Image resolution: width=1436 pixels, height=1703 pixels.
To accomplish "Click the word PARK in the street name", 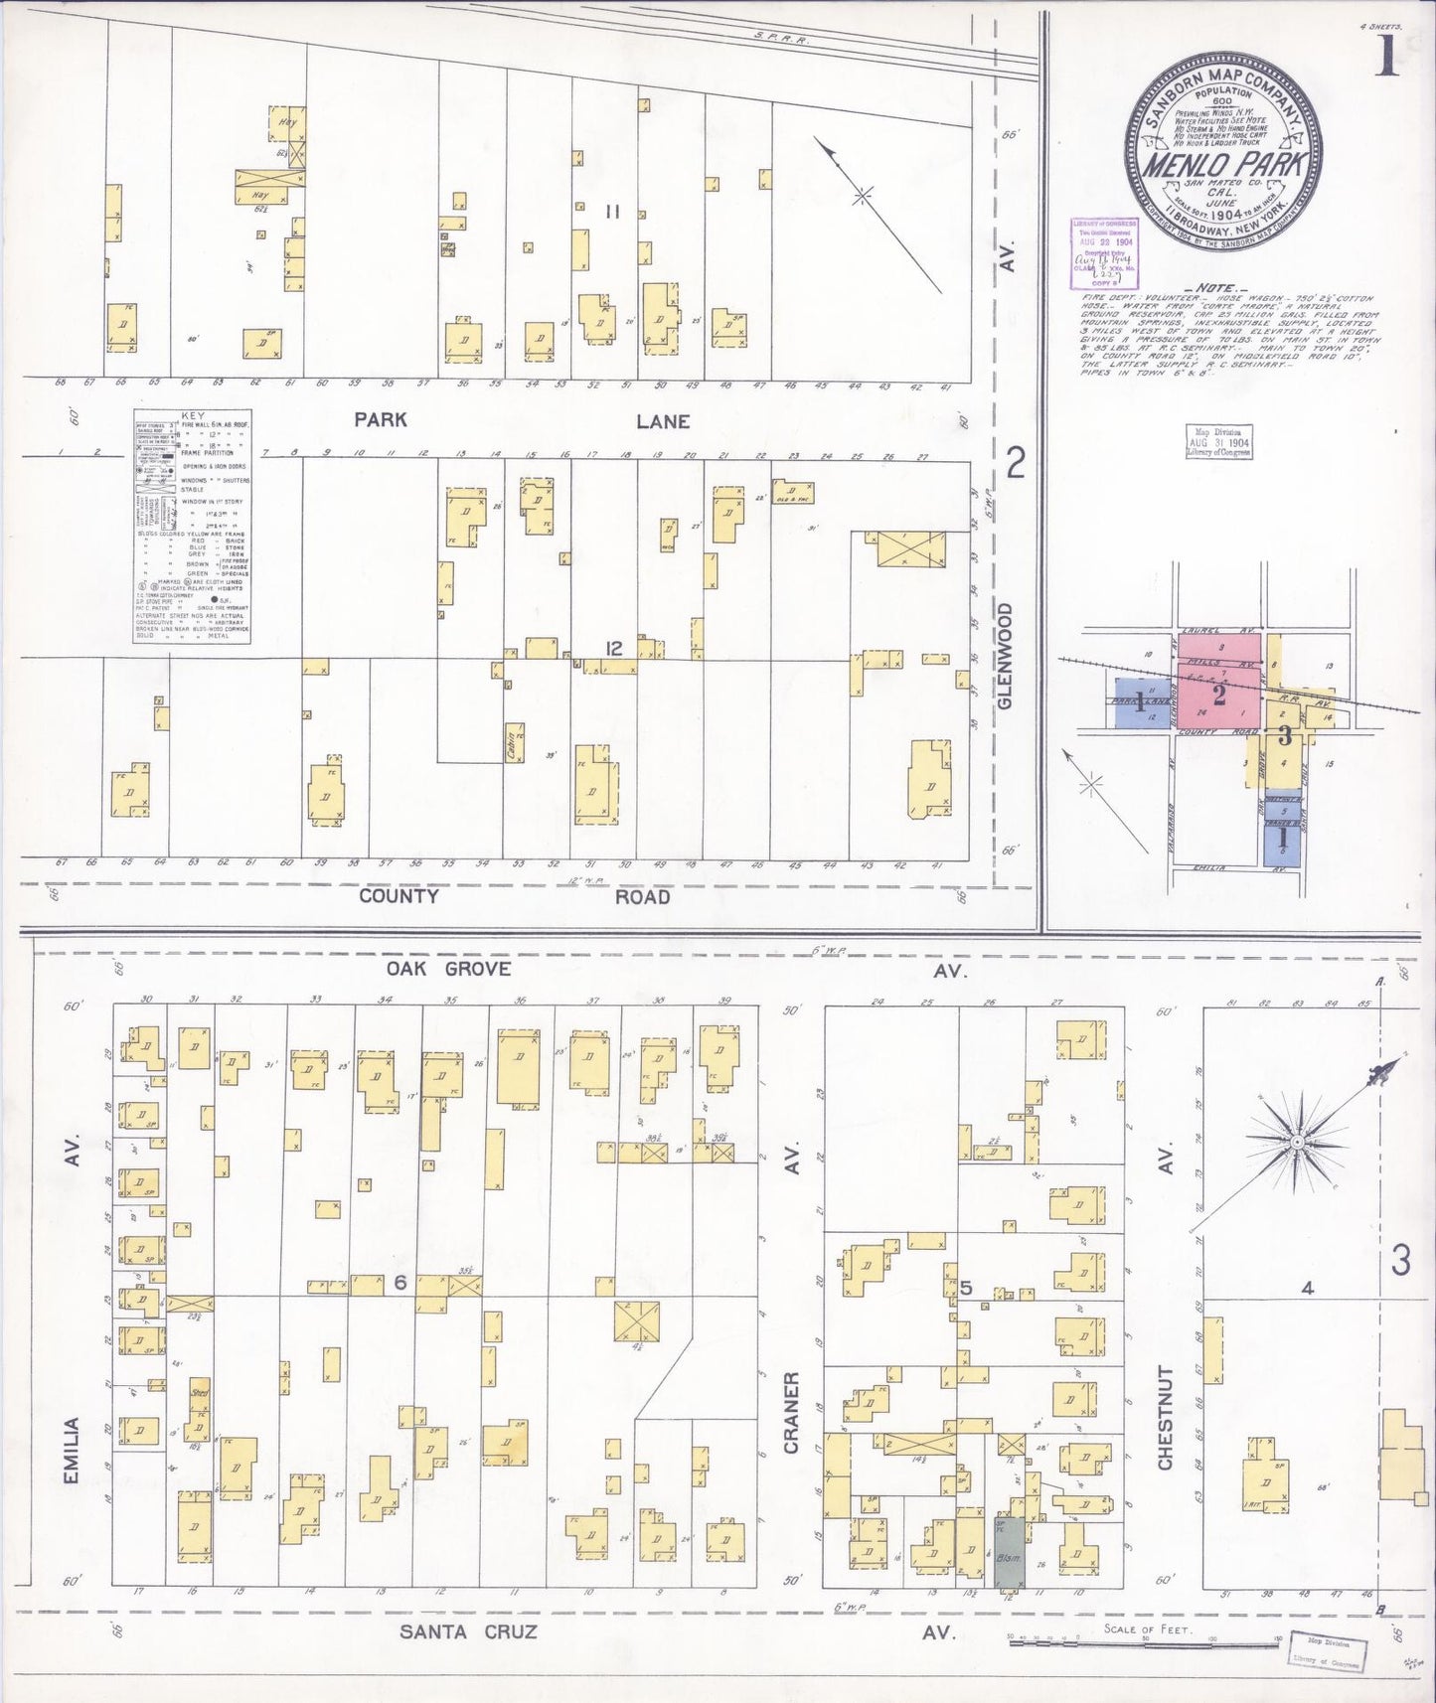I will [381, 420].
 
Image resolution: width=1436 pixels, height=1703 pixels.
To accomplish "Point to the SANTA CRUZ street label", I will [468, 1631].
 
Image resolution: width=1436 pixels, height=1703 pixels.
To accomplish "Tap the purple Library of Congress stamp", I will [1104, 245].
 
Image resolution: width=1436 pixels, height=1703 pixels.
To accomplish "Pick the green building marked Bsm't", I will [1008, 1561].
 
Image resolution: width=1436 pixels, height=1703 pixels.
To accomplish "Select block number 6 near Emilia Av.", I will [400, 1283].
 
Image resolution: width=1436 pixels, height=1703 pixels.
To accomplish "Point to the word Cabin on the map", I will [513, 745].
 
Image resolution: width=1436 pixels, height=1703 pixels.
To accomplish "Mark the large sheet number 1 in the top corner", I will [1387, 60].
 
